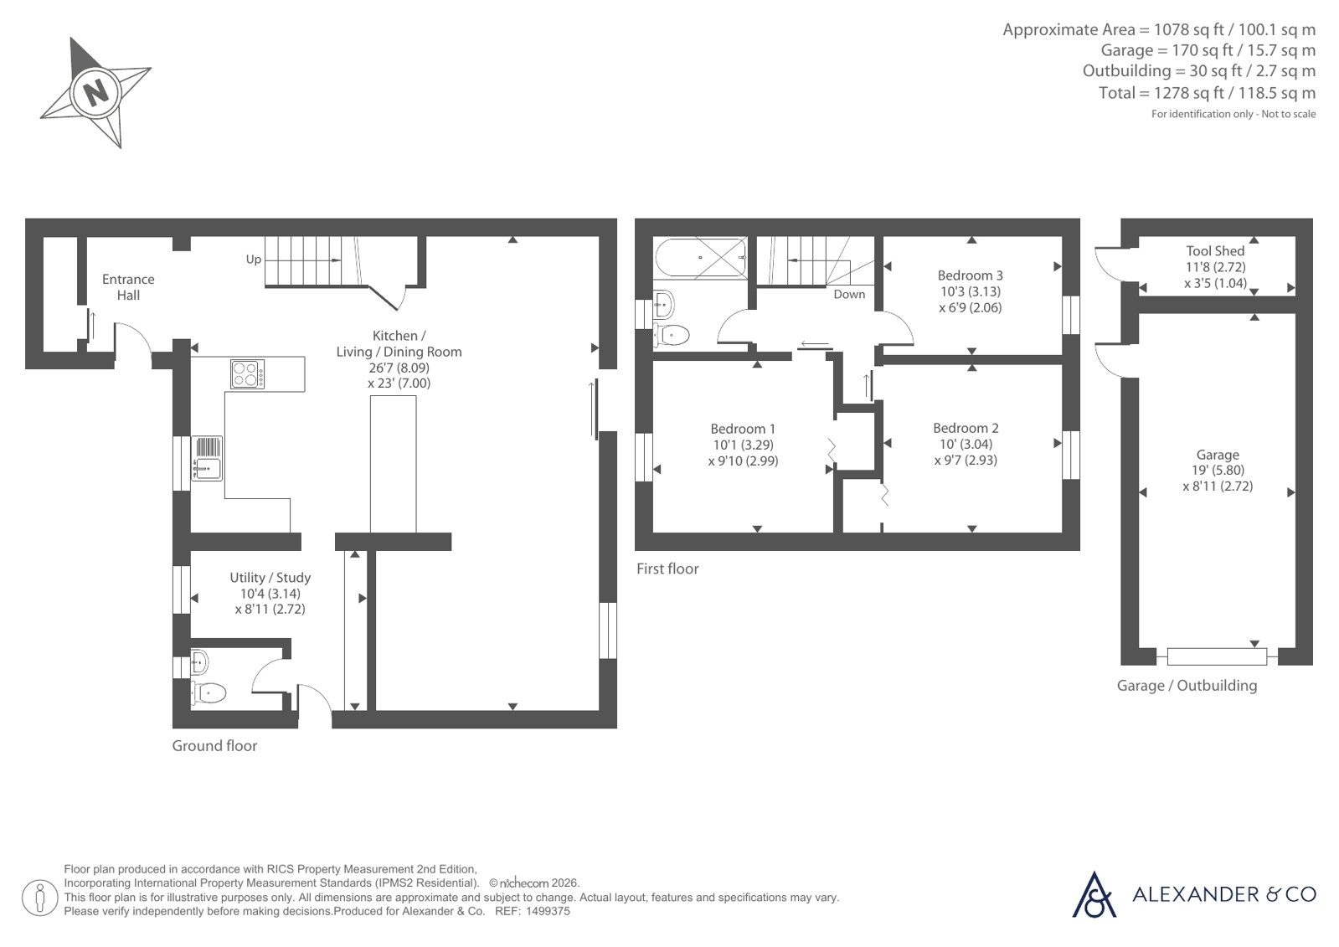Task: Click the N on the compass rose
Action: coord(95,93)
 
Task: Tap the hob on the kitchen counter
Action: coord(248,373)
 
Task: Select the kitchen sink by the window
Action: coord(207,458)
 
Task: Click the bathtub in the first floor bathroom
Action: coord(701,257)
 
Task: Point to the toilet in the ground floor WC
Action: coord(209,693)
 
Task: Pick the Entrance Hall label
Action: coord(128,287)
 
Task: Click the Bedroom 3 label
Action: coord(971,275)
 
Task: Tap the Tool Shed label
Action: coord(1215,251)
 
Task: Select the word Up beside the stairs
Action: coord(254,260)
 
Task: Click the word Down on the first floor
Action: coord(849,294)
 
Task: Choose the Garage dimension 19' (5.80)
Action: coord(1218,471)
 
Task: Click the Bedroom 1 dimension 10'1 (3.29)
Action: coord(743,445)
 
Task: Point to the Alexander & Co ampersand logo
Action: coord(1094,894)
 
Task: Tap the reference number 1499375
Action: coord(548,911)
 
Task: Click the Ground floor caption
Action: coord(214,745)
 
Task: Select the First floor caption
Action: coord(667,569)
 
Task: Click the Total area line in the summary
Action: coord(1207,93)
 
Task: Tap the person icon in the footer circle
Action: coord(39,898)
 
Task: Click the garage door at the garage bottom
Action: coord(1217,656)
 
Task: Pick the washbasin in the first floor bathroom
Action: coord(663,305)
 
